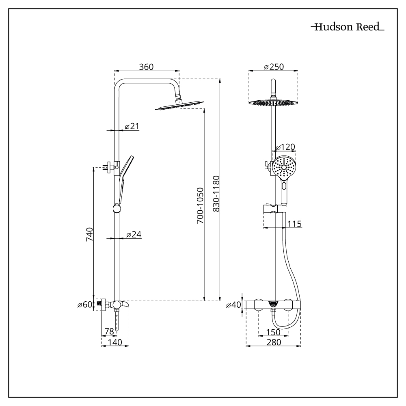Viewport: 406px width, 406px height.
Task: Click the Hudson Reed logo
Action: [x=348, y=28]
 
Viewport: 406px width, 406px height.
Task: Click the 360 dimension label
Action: [x=146, y=67]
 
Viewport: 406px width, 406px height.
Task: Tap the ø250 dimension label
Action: [x=273, y=67]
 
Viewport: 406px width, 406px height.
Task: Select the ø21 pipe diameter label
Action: [x=132, y=126]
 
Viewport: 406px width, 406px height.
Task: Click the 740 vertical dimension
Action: [x=90, y=235]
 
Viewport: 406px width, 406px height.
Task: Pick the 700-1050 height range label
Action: [x=199, y=207]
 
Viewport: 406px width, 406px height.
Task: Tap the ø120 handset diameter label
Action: [x=285, y=147]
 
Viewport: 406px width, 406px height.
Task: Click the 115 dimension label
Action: [x=294, y=224]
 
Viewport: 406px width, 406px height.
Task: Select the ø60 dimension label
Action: [x=85, y=304]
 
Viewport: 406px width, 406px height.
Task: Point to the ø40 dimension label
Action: [x=233, y=304]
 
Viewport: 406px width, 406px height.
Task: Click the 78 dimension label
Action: [x=109, y=331]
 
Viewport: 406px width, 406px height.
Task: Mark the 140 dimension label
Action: [x=115, y=343]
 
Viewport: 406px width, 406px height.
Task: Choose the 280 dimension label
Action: [x=274, y=343]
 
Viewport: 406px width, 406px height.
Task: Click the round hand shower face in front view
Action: [x=285, y=168]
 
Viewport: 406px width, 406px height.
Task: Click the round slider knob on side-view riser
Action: [x=117, y=209]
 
